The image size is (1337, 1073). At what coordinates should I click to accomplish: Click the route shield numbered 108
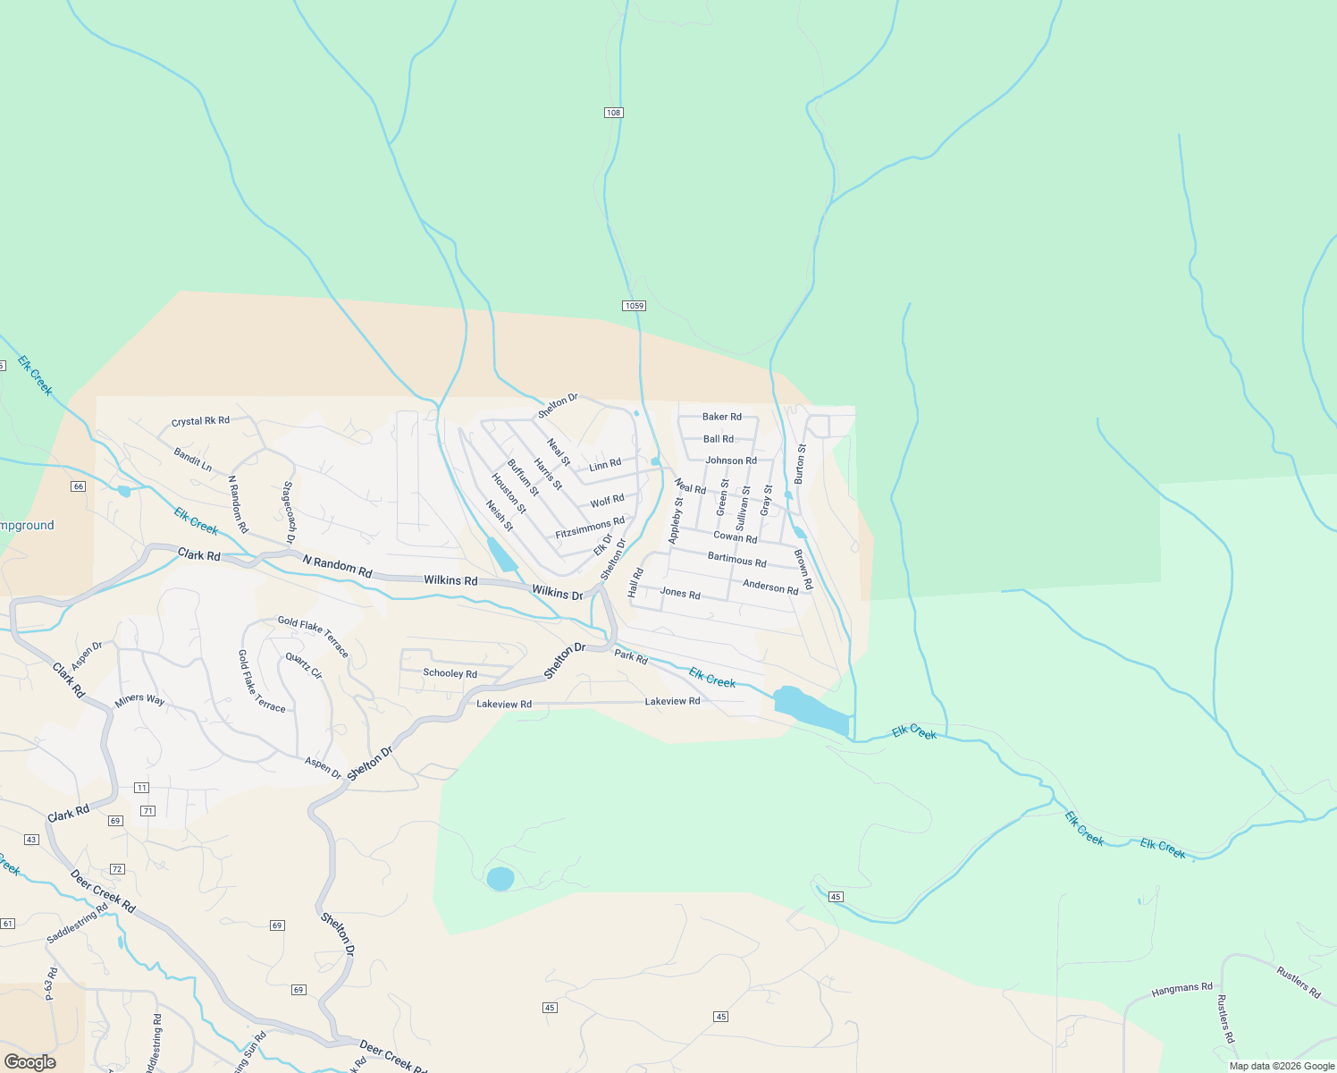(x=613, y=113)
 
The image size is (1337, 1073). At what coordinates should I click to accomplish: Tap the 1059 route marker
(x=634, y=306)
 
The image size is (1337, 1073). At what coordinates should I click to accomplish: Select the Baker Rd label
(x=721, y=417)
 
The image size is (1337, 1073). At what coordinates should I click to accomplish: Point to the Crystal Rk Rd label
(x=200, y=421)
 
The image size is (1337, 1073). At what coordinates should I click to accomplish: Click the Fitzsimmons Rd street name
(x=590, y=528)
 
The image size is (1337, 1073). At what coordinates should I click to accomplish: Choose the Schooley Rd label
(x=450, y=673)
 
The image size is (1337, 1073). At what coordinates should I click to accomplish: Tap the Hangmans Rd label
(x=1181, y=988)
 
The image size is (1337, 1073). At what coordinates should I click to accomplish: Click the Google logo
(x=29, y=1062)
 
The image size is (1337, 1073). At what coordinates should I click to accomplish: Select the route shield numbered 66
(x=79, y=486)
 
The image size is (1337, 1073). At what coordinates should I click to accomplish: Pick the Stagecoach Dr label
(x=288, y=512)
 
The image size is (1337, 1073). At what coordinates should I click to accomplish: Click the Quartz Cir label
(x=304, y=665)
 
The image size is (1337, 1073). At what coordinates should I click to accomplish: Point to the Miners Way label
(x=140, y=699)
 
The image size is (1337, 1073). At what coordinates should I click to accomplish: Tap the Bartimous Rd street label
(x=736, y=561)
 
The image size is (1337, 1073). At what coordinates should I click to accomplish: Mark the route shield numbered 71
(x=148, y=811)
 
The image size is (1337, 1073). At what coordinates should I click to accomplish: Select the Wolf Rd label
(x=607, y=502)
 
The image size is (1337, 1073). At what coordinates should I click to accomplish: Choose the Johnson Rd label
(x=731, y=460)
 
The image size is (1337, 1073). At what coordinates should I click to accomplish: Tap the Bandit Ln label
(x=192, y=460)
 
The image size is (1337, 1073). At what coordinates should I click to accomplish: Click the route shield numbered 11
(x=141, y=788)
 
